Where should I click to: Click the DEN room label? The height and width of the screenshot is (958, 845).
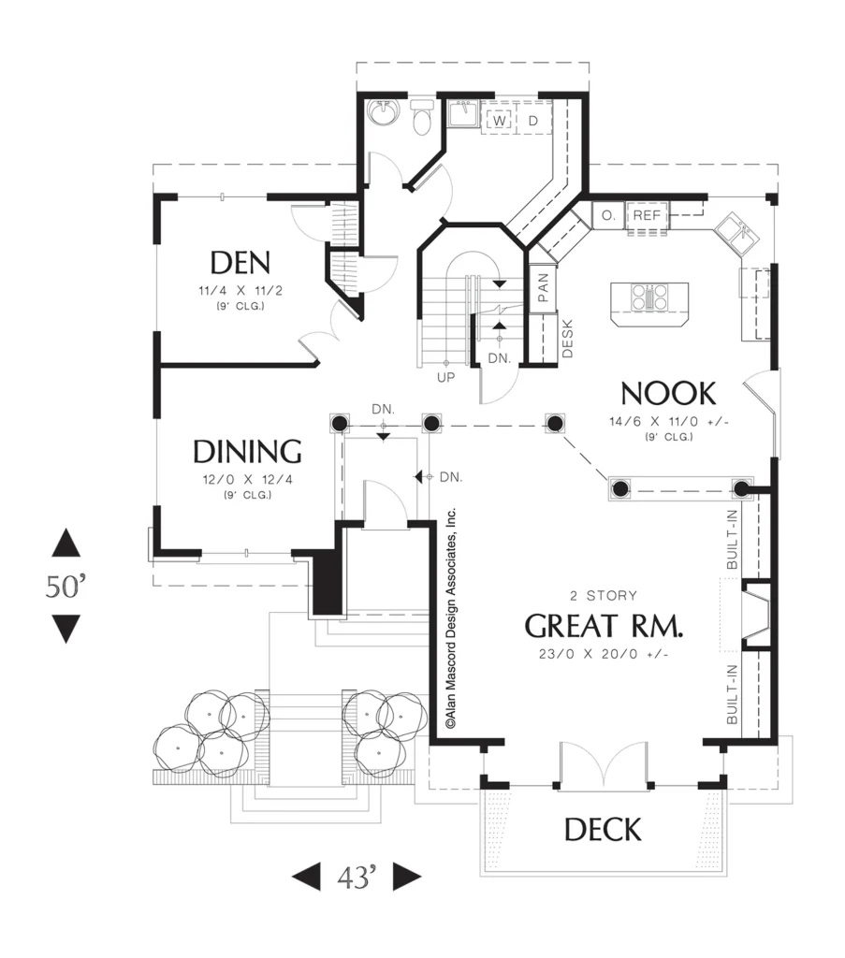[x=240, y=263]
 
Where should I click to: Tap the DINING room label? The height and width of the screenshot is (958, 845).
[x=247, y=452]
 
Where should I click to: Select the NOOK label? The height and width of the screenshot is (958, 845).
[x=668, y=394]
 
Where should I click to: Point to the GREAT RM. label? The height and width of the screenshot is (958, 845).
[x=604, y=626]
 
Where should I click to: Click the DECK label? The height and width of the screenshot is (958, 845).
[x=603, y=830]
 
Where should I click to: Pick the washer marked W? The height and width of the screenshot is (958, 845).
[x=499, y=121]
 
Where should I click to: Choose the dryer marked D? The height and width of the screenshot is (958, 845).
[x=533, y=121]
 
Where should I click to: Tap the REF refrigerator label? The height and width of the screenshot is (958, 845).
[x=647, y=215]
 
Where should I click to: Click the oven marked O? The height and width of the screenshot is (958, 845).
[x=608, y=215]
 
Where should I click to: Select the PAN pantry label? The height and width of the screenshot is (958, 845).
[x=543, y=287]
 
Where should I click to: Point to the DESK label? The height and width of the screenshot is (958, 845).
[x=567, y=339]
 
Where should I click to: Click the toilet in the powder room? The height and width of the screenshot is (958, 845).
[x=422, y=116]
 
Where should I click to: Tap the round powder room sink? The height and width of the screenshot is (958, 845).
[x=384, y=112]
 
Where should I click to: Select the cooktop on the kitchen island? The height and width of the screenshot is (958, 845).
[x=650, y=298]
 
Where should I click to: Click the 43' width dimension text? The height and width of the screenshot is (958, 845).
[x=357, y=878]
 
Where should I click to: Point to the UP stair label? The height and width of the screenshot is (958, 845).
[x=446, y=378]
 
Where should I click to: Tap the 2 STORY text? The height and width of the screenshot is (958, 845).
[x=604, y=596]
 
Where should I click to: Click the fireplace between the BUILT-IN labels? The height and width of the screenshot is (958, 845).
[x=755, y=615]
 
